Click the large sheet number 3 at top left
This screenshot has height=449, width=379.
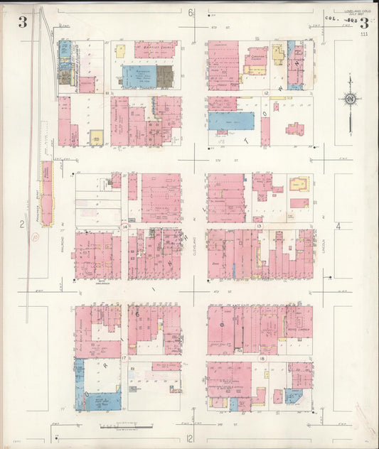click(23, 21)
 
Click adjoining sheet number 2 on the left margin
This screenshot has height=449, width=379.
click(22, 225)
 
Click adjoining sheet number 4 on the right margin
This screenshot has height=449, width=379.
click(339, 226)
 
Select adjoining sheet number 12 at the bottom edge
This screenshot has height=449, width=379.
click(190, 438)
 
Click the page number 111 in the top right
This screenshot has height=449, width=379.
click(364, 33)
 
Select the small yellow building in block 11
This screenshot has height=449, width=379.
click(95, 136)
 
